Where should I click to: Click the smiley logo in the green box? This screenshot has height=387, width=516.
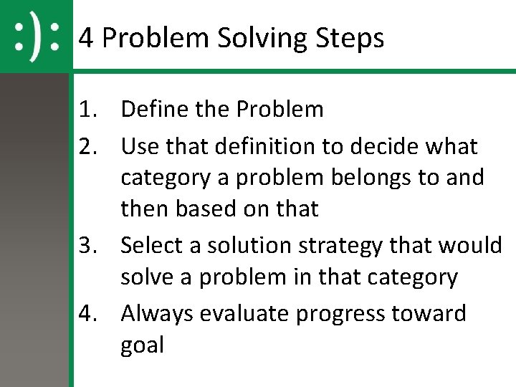pyautogui.click(x=36, y=36)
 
